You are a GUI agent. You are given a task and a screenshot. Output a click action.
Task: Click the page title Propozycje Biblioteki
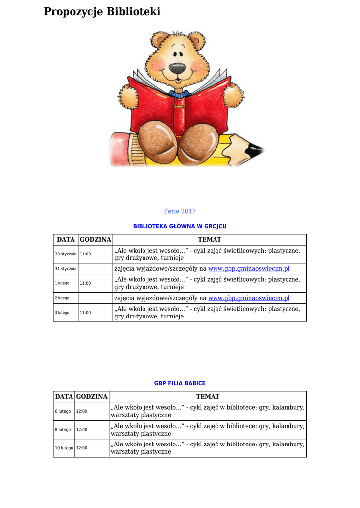102,12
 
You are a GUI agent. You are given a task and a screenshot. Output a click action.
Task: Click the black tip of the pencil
255,148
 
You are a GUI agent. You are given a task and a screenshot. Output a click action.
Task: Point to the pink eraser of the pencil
118,148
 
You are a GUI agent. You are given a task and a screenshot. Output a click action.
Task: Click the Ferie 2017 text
180,211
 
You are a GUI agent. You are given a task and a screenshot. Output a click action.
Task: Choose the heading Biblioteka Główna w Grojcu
180,226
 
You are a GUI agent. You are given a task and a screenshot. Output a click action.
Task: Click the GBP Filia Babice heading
180,383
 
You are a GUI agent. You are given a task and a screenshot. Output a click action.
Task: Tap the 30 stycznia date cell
66,254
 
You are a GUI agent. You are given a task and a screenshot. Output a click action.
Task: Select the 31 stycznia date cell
66,269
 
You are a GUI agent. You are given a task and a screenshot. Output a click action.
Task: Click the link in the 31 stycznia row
248,269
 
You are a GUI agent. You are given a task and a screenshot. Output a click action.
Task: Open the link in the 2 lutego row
248,298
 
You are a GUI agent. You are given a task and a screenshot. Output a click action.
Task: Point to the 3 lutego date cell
63,313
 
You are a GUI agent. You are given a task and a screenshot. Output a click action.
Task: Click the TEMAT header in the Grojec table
210,240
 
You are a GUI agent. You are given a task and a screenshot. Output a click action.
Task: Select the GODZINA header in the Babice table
92,397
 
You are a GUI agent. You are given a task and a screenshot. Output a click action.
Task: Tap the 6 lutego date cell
63,411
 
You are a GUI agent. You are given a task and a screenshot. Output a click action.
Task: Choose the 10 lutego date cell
64,448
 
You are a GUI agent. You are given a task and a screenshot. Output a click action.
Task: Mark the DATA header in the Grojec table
66,240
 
